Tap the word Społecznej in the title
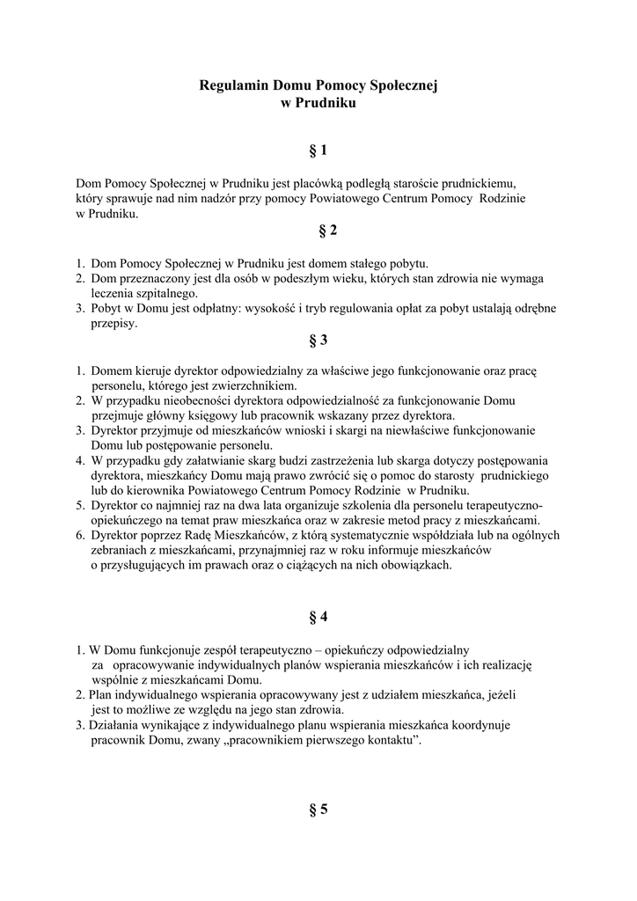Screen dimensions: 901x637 [400, 86]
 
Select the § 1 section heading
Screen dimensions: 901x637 [318, 151]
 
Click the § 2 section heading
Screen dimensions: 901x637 [318, 231]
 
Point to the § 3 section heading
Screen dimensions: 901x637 [318, 340]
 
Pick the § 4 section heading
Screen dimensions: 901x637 [318, 615]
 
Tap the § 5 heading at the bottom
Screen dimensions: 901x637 [318, 809]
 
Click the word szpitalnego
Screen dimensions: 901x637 [167, 293]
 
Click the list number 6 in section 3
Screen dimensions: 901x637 [79, 535]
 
